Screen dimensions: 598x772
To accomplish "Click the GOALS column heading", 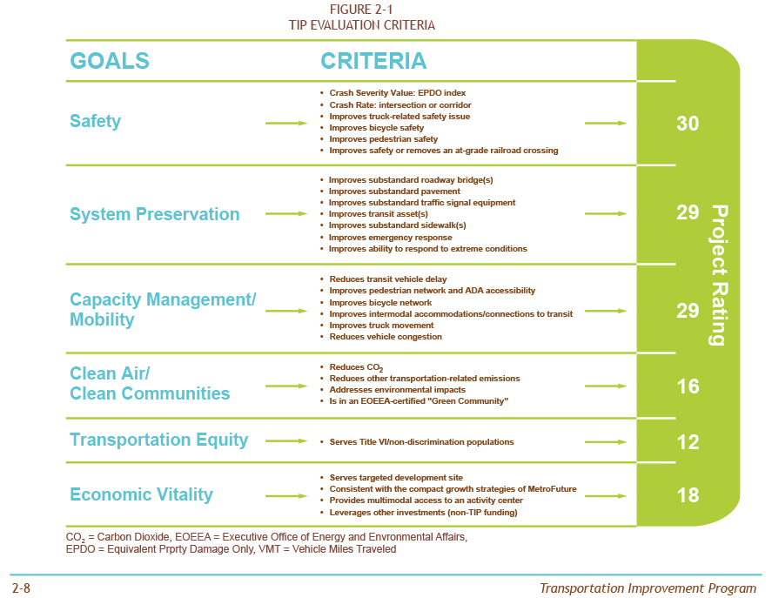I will click(x=110, y=61).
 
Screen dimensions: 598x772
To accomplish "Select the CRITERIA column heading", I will click(x=373, y=61).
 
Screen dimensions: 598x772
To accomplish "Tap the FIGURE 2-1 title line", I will click(x=361, y=10).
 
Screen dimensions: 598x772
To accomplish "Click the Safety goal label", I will click(x=95, y=122).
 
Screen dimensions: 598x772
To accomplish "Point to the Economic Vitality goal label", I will click(x=141, y=494).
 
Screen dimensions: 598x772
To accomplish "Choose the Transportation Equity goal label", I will click(x=158, y=440).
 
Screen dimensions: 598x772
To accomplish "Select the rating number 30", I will click(x=688, y=124).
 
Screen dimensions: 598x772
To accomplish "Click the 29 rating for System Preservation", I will click(x=688, y=212).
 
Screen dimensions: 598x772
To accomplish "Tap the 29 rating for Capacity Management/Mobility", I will click(x=688, y=311).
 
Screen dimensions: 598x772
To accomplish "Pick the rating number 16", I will click(x=688, y=386).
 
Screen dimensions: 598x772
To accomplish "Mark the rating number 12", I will click(x=688, y=442).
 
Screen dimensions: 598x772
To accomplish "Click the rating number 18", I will click(x=688, y=495).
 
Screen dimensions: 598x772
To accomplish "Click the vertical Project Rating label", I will click(x=718, y=275).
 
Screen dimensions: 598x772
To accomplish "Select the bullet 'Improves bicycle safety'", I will click(x=378, y=128).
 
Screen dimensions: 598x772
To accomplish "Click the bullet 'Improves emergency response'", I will click(x=390, y=238).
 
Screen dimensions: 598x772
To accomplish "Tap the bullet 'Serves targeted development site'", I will click(x=396, y=478).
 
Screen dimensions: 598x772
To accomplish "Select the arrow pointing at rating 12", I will click(x=605, y=442).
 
